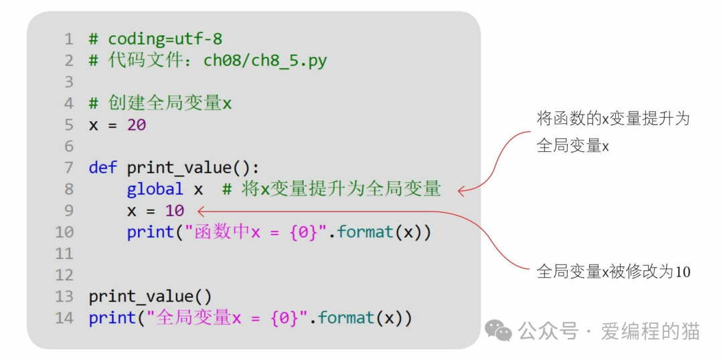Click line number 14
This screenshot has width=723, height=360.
(x=64, y=318)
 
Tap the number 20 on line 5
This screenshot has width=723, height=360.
(x=137, y=125)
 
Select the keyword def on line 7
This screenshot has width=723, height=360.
(x=102, y=168)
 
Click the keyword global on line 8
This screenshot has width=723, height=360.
(x=155, y=189)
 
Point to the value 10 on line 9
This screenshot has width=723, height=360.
(x=175, y=211)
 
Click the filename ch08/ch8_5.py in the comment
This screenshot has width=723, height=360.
(x=265, y=61)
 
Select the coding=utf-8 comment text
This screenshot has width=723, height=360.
(x=165, y=39)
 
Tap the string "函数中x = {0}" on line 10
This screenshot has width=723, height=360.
(x=255, y=232)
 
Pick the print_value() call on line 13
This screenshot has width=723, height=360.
(x=150, y=296)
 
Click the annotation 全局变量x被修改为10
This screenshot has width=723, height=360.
(x=613, y=272)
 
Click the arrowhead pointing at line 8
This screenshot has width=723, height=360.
(x=462, y=191)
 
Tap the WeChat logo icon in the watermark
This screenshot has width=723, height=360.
(x=498, y=330)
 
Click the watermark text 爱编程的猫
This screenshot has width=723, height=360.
(x=650, y=331)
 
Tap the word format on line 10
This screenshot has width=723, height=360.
(x=365, y=232)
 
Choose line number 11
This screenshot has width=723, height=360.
(x=64, y=254)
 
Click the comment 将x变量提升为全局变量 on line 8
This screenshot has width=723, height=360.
(x=331, y=189)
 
